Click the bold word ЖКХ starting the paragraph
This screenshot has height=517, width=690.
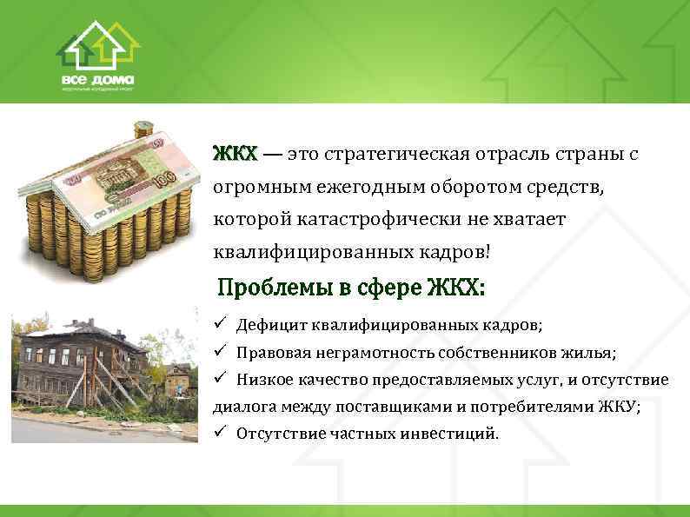[x=235, y=155]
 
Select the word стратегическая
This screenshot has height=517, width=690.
[x=387, y=155]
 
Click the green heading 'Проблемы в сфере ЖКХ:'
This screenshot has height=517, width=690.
[x=351, y=287]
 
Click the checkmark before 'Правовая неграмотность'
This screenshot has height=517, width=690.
[x=221, y=353]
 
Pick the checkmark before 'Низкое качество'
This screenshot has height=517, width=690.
[x=221, y=380]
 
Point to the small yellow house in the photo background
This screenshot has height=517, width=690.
[x=178, y=380]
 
